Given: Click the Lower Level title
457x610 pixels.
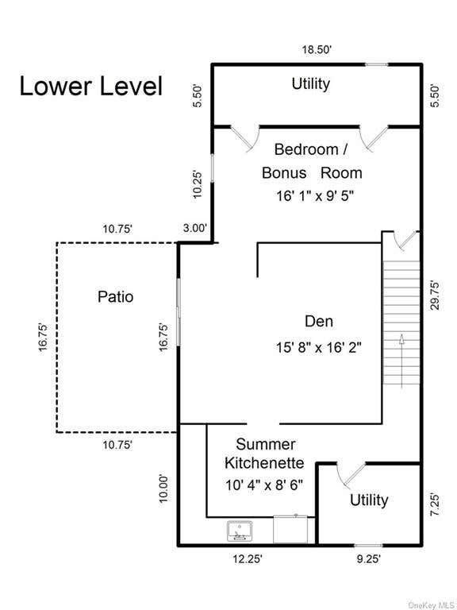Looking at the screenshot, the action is (91, 87).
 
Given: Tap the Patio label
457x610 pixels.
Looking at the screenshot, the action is (115, 297).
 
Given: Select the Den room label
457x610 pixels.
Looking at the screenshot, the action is (319, 322).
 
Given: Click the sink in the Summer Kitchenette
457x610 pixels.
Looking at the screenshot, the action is (240, 531).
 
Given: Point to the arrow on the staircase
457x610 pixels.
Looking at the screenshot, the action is (401, 361).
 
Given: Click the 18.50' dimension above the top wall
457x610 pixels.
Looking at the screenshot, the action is (317, 50).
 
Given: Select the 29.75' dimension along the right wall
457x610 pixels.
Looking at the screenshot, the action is (436, 295).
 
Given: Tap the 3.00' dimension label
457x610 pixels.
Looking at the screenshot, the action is (194, 229).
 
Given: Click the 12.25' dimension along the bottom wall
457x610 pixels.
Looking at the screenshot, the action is (248, 559).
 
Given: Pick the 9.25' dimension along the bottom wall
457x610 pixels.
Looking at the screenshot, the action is (368, 559).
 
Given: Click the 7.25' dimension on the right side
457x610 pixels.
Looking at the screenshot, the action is (436, 505).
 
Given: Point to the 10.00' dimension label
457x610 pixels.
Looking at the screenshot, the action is (164, 488).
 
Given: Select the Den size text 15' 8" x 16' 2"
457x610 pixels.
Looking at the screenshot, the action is (319, 347).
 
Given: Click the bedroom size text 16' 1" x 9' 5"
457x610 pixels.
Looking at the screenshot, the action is (315, 196).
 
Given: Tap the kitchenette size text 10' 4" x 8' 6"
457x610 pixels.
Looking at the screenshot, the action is (264, 485).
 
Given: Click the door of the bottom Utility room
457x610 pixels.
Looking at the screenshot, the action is (351, 475).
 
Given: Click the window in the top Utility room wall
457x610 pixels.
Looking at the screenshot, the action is (376, 64).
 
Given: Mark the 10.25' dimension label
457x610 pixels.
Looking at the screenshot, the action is (198, 185).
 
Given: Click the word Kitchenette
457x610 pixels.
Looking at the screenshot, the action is (264, 463).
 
